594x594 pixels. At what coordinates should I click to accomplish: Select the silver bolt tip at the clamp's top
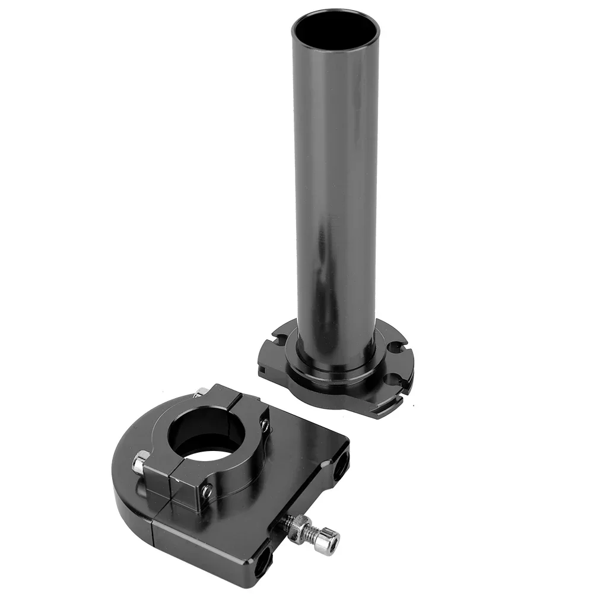[201, 392]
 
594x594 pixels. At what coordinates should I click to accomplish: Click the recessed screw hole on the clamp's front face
[207, 491]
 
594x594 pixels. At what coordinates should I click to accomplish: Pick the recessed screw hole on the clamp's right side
[265, 425]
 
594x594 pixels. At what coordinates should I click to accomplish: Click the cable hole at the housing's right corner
[341, 466]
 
